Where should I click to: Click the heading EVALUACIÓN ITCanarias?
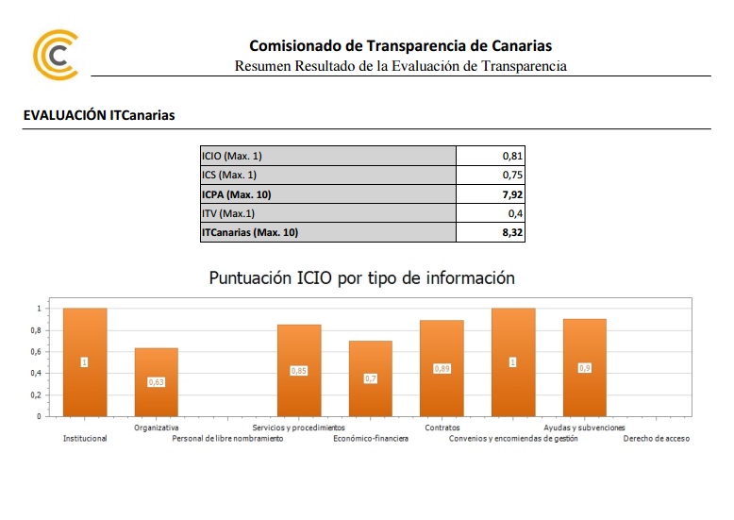[x=99, y=115]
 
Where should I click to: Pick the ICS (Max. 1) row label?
[x=229, y=175]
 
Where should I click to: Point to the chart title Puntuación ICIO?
[x=362, y=278]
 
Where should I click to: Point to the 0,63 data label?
[x=156, y=382]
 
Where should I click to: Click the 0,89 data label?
[x=442, y=369]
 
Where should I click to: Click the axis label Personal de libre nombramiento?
[x=227, y=439]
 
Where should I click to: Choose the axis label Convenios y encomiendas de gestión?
[x=513, y=439]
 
